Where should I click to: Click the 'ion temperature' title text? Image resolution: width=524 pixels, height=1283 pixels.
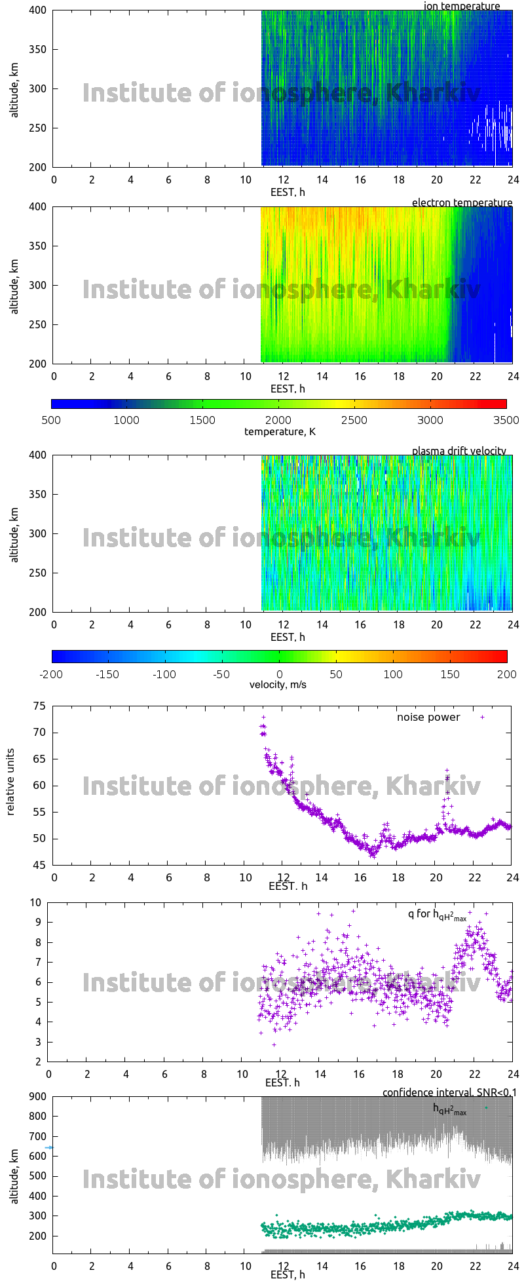point(462,7)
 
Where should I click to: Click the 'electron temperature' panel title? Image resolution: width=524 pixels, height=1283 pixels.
point(462,202)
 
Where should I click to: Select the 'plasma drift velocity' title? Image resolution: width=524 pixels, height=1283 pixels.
point(458,451)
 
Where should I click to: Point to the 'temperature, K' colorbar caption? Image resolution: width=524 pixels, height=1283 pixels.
point(280,431)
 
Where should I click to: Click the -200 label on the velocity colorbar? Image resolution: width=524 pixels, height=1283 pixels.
point(51,674)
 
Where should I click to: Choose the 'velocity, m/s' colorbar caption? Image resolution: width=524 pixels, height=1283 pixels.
point(278,685)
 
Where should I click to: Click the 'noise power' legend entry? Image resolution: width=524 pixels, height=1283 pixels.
point(428,717)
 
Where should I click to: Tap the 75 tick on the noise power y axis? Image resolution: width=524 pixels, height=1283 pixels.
point(39,706)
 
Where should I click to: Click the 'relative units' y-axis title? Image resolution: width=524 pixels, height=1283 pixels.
point(10,785)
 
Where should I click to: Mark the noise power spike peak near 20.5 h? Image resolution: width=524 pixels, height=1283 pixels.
point(447,770)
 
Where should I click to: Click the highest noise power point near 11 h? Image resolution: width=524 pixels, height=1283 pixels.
point(263,717)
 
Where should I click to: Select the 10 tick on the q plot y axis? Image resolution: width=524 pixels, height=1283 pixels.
point(35,902)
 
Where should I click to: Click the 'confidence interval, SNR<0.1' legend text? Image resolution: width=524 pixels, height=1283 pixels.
point(449,1092)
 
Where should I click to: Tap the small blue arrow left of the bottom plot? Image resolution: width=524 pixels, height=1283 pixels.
point(49,1147)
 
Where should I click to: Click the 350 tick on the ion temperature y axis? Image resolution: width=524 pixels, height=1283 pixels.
point(38,49)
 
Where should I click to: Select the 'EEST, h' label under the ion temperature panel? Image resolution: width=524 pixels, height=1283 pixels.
point(288,192)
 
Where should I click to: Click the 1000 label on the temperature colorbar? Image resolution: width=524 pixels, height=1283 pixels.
point(126,420)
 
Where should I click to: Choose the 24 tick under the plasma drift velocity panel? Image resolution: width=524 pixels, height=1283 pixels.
point(513,624)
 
